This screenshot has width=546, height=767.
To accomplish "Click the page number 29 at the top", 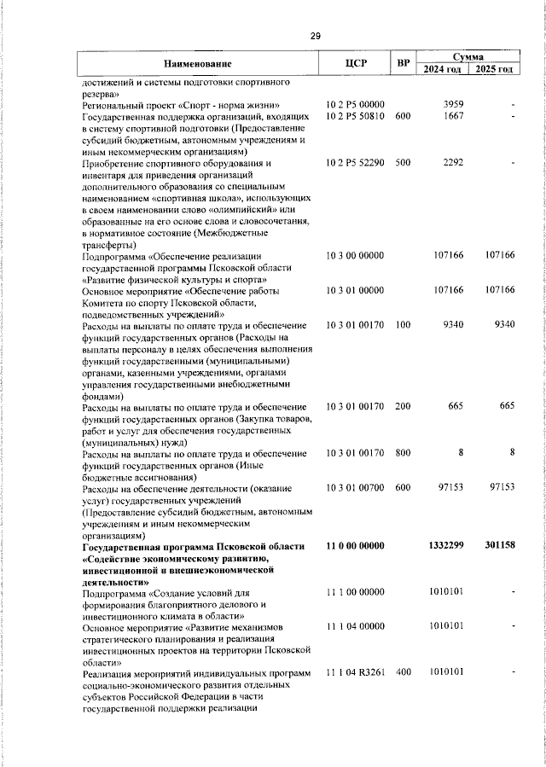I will [315, 36].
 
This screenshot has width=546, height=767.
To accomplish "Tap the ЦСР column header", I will [356, 62].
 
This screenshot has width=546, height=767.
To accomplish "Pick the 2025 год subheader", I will [495, 69].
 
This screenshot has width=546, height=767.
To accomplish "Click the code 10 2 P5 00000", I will [356, 104].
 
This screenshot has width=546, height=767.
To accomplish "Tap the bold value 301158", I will [497, 544].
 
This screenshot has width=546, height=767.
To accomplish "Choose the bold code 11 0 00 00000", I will [356, 544].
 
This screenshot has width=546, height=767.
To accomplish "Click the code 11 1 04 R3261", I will [356, 672].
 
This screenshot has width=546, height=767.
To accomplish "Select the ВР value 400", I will [403, 672].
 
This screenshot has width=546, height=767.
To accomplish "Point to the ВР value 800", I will [403, 452].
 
